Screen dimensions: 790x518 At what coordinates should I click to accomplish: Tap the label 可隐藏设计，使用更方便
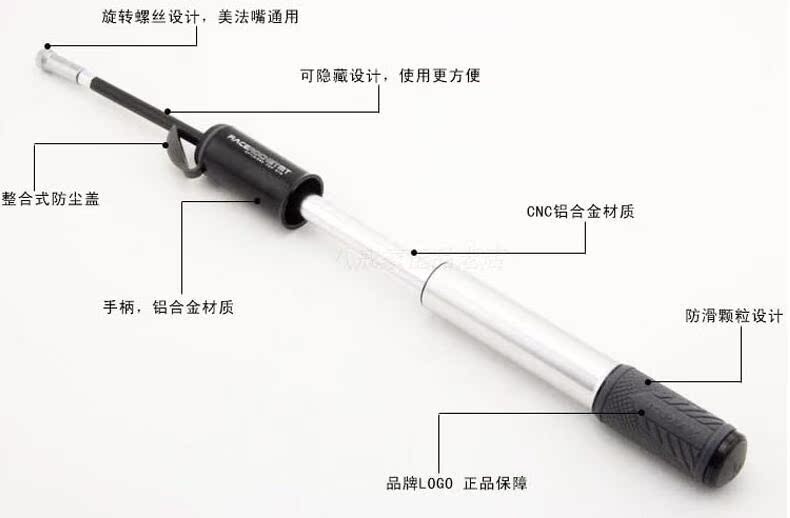[x=390, y=75]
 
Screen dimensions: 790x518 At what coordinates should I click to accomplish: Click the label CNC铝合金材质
[x=580, y=212]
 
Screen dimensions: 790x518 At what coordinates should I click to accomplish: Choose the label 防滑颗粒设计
[x=732, y=314]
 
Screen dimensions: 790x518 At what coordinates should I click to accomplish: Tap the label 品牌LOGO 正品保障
[x=456, y=484]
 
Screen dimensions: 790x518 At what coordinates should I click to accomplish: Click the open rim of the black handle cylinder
[x=305, y=201]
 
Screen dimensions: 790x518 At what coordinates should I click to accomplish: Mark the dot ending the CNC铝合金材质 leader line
[x=413, y=253]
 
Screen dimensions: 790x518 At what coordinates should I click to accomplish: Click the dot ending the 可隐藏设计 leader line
[x=168, y=112]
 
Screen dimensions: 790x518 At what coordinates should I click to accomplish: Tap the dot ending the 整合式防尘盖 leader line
[x=166, y=143]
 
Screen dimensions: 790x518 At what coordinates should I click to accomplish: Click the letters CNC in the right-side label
[x=541, y=212]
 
